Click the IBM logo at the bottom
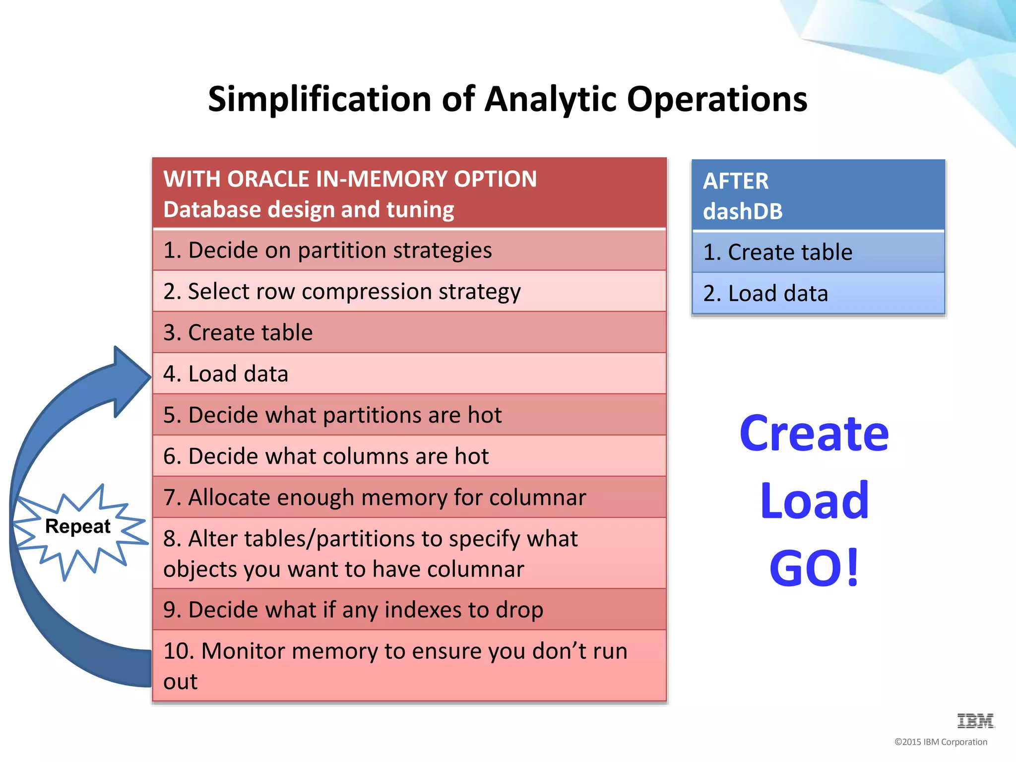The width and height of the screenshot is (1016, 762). click(975, 721)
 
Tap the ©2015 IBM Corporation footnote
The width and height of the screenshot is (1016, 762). click(941, 742)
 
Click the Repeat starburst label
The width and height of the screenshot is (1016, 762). click(78, 526)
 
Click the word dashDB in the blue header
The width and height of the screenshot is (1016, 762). click(743, 211)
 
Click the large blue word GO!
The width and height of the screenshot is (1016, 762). click(814, 568)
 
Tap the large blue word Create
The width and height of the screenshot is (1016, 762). click(814, 434)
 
